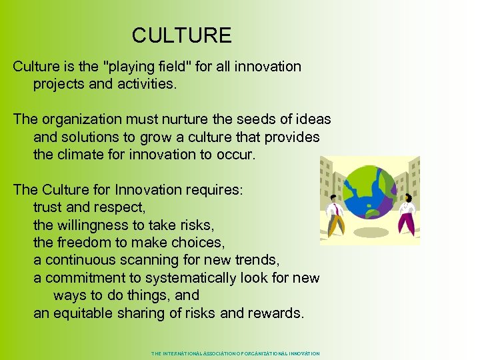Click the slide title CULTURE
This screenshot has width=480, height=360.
(x=181, y=35)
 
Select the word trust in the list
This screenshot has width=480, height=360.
(x=49, y=207)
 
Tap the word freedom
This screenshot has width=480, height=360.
(x=90, y=243)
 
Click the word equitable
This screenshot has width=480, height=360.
(x=89, y=313)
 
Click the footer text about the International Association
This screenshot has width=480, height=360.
(x=235, y=353)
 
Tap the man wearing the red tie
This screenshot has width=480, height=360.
(x=335, y=217)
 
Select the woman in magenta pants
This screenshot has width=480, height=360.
(x=406, y=213)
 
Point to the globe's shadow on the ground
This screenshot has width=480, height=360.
(x=371, y=233)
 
